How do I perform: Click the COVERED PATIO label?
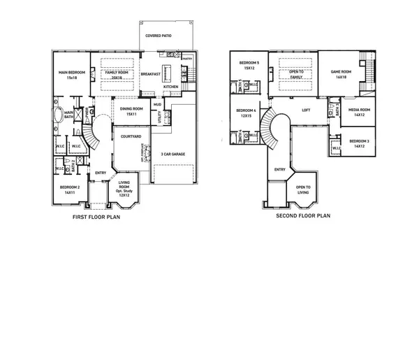(x=158, y=35)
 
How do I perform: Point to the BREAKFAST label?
(x=151, y=74)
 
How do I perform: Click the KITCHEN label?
(x=171, y=87)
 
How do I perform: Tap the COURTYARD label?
(x=131, y=137)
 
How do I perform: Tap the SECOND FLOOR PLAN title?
(x=302, y=216)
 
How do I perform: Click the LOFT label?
(x=306, y=110)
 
